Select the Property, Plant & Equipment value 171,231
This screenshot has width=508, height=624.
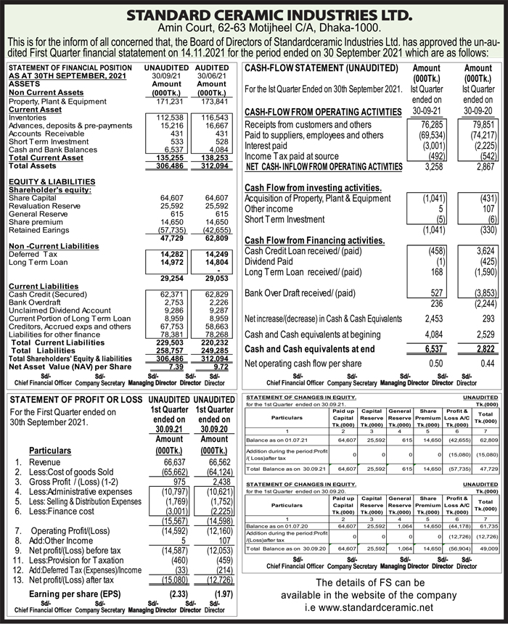170,101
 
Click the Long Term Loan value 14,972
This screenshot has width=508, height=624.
171,263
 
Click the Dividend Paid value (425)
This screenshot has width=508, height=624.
483,261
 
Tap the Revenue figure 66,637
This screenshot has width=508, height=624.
168,461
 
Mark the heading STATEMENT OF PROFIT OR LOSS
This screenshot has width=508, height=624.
75,400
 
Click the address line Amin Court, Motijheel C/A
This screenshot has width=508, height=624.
254,28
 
